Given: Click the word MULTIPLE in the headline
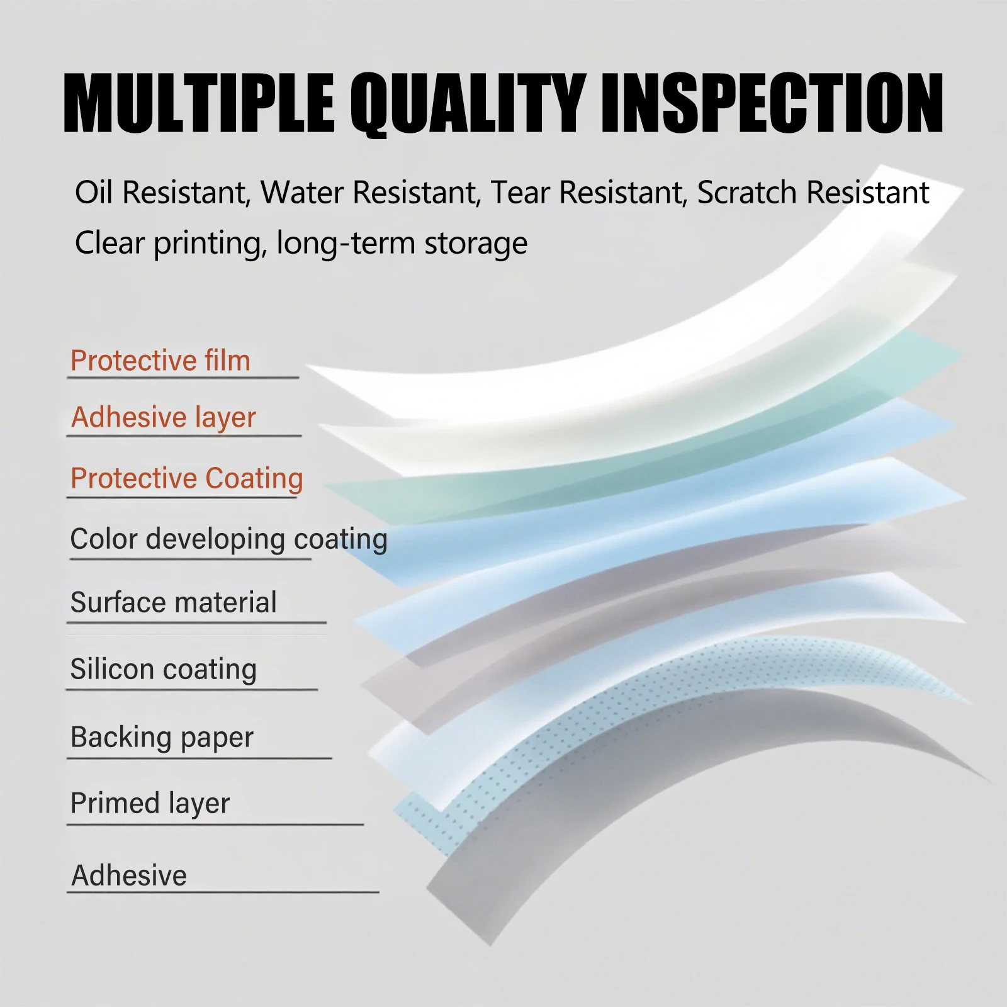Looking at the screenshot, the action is point(199,103).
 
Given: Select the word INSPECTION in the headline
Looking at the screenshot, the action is point(772,103).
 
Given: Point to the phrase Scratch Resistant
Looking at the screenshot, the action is point(813,193).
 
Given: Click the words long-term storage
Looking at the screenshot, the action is point(402,244).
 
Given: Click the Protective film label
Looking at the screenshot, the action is point(160,361).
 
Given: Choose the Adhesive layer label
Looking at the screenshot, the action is point(164,418).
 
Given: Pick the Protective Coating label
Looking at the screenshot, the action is point(187,479).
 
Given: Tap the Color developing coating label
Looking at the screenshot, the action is point(228,540).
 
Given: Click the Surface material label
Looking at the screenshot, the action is point(174,602).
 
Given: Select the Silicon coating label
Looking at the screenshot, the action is point(164,670).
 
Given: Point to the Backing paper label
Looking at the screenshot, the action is point(162,738).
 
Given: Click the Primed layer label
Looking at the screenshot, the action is point(150,804).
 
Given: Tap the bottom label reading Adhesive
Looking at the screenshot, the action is point(129,875).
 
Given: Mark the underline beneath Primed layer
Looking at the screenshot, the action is point(215,824).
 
